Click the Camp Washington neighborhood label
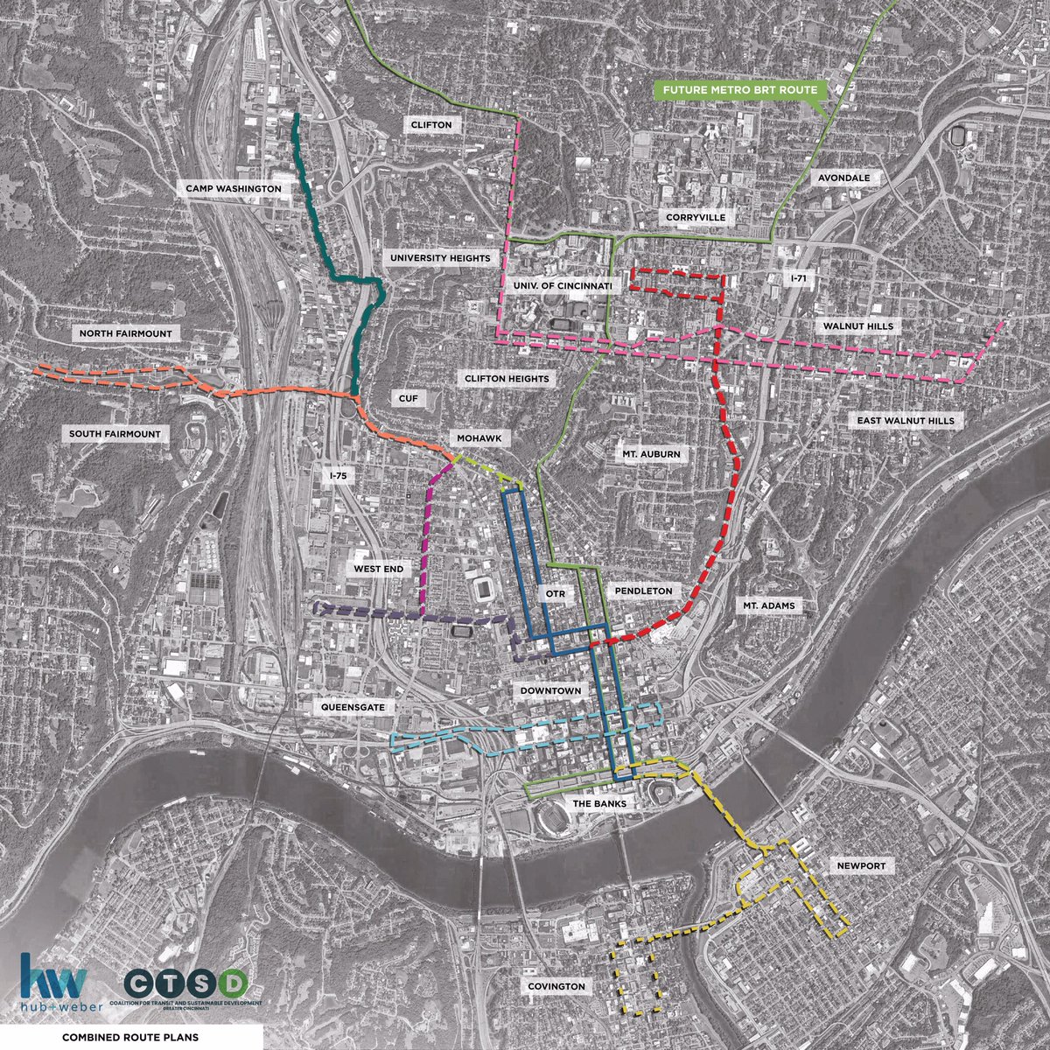[x=233, y=188]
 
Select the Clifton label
[x=431, y=125]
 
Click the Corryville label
[x=696, y=217]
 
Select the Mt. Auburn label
[x=651, y=454]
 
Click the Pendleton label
[x=643, y=591]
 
